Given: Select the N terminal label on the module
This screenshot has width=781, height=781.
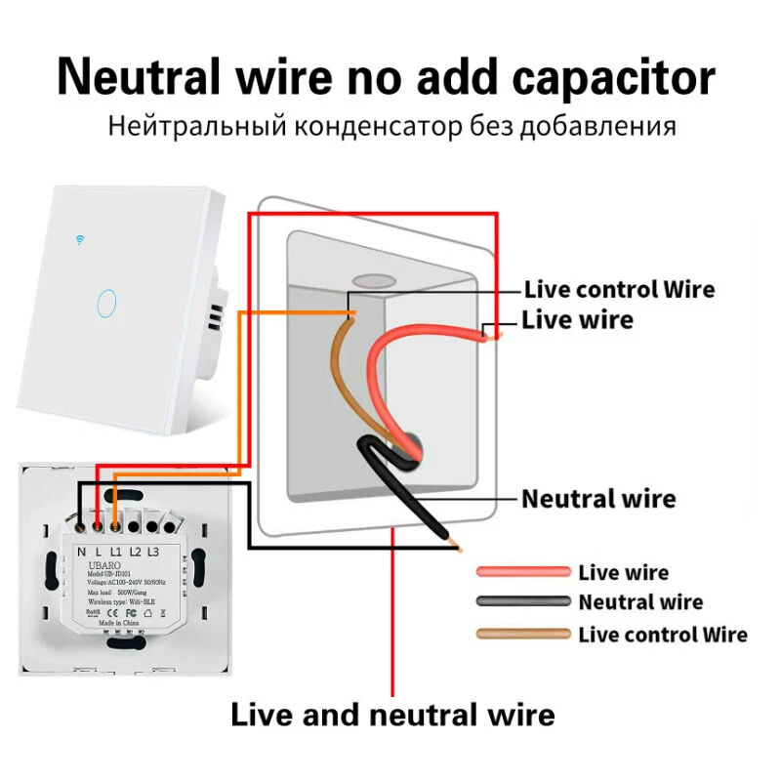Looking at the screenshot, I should tap(81, 552).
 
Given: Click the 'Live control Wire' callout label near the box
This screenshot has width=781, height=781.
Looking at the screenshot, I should tap(619, 289).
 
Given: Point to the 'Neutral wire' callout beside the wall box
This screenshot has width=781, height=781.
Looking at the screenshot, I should tap(597, 499).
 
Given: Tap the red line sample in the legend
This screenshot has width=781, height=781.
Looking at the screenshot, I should tap(522, 572).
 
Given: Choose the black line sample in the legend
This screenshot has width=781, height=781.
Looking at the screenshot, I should tap(522, 602).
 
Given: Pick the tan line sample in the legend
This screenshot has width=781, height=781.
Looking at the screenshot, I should tap(522, 635).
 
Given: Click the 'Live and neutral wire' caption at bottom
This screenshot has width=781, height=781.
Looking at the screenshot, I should tap(392, 715).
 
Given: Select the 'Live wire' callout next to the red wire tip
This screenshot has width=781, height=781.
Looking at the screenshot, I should tap(577, 319).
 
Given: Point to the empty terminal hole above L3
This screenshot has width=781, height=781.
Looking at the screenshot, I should tap(154, 527).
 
